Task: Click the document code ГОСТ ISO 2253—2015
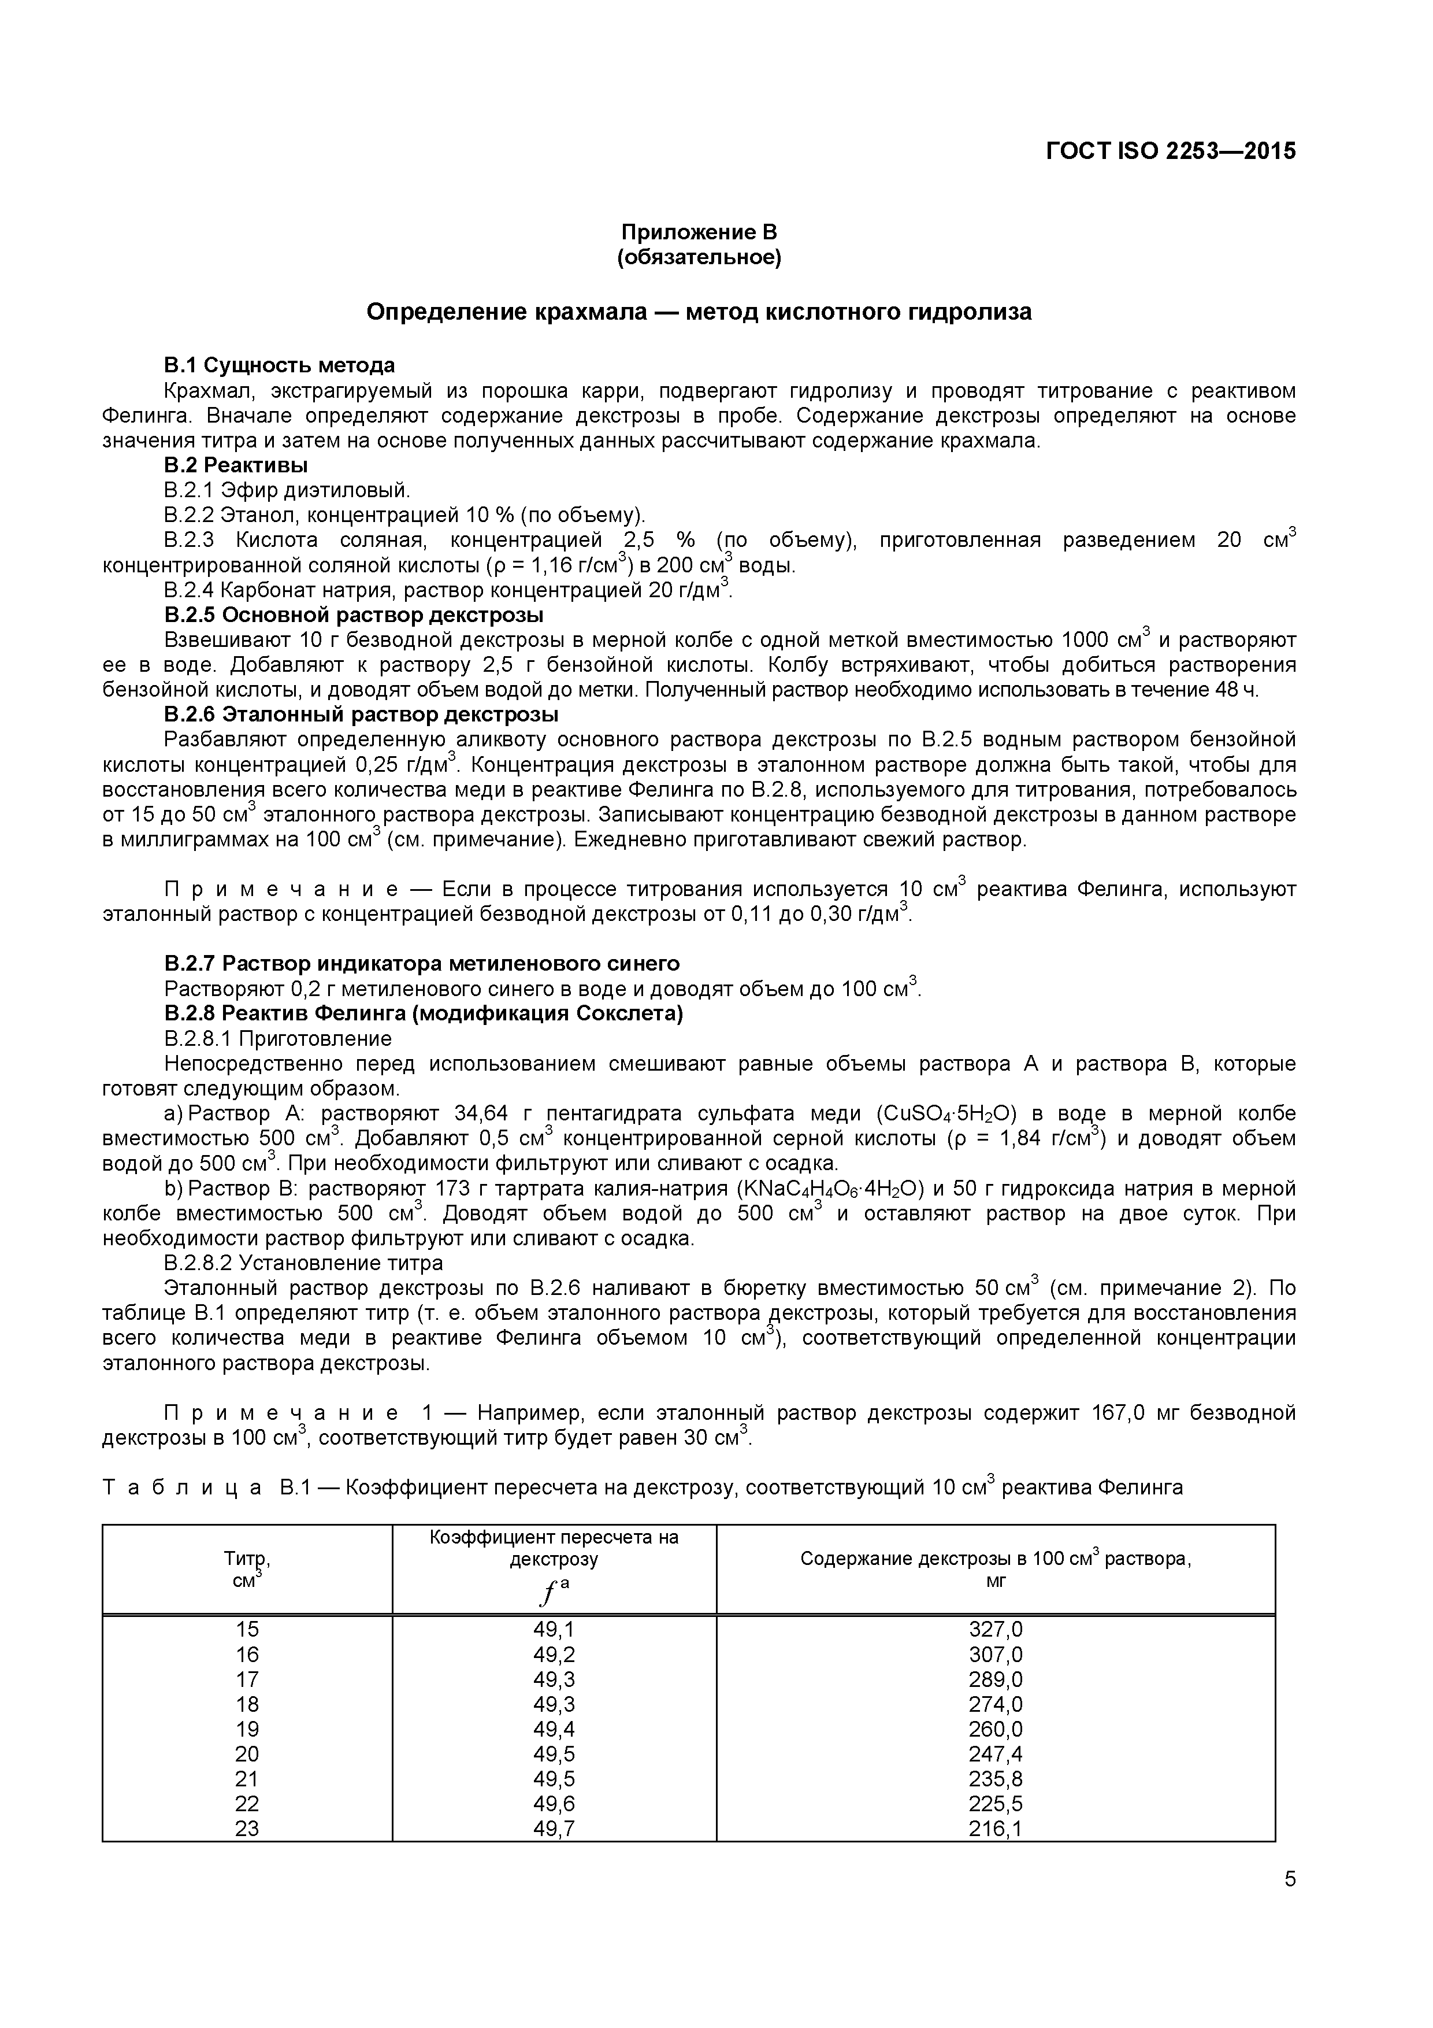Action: pos(1171,151)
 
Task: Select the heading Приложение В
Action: pos(699,232)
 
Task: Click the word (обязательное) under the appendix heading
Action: pos(699,257)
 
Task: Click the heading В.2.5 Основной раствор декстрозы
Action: pos(353,614)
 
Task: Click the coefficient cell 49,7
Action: pos(554,1829)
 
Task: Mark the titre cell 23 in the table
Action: pos(247,1829)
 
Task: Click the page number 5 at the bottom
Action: pos(1290,1904)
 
